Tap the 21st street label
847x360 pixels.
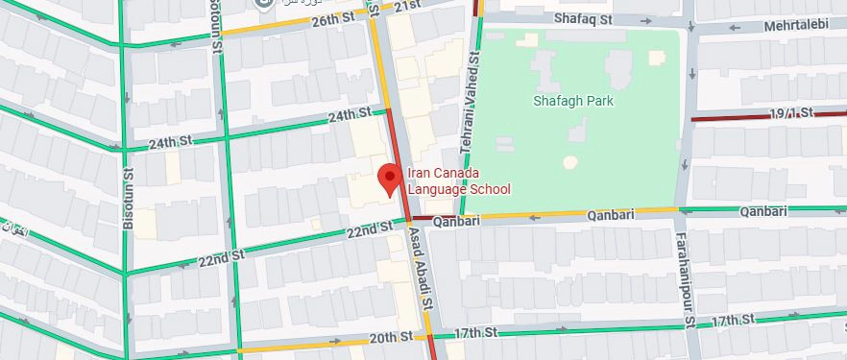pyautogui.click(x=407, y=6)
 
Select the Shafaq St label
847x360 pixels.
pyautogui.click(x=582, y=17)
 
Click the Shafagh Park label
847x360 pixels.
pyautogui.click(x=574, y=100)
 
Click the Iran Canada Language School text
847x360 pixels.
pyautogui.click(x=458, y=181)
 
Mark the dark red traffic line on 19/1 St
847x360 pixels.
pyautogui.click(x=730, y=119)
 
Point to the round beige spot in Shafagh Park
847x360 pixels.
pyautogui.click(x=570, y=162)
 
